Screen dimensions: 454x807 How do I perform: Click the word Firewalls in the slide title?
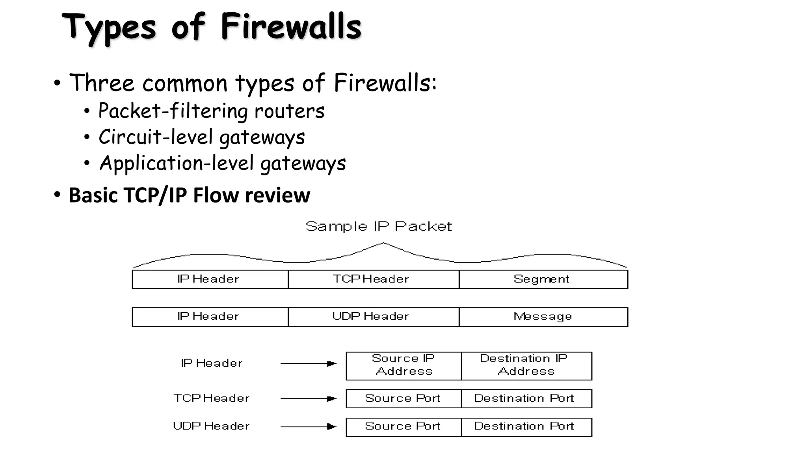[x=291, y=27]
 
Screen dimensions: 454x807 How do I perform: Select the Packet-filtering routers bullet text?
[x=211, y=111]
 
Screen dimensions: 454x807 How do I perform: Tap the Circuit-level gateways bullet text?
[x=201, y=138]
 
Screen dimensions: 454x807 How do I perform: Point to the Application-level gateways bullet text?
[x=222, y=164]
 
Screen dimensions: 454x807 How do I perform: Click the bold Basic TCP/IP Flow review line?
[x=189, y=195]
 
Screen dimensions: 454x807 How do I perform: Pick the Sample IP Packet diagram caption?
[x=379, y=227]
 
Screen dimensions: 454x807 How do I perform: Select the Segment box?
[x=543, y=279]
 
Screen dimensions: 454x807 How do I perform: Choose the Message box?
[x=543, y=317]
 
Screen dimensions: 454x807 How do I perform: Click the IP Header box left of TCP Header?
[x=210, y=279]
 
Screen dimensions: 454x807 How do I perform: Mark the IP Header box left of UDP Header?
[x=210, y=317]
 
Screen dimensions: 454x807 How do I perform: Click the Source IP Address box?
[x=403, y=366]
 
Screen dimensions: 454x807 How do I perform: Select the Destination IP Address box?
[x=526, y=366]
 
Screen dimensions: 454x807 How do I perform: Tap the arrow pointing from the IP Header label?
[x=308, y=363]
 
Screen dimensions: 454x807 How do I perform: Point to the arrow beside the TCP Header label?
[x=308, y=398]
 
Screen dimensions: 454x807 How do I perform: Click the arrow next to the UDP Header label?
[x=308, y=426]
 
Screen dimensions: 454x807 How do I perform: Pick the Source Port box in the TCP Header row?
[x=403, y=398]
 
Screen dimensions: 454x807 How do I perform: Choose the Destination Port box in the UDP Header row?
[x=526, y=427]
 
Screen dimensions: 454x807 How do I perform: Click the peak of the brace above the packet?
[x=383, y=244]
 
